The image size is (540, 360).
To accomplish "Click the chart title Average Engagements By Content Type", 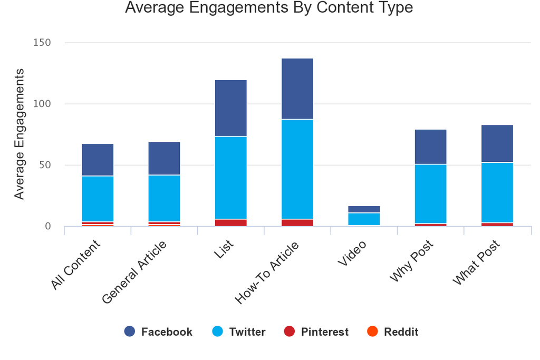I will tap(269, 8).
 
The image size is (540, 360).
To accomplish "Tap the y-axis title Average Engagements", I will tap(20, 134).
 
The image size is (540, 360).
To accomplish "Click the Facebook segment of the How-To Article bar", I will tap(297, 89).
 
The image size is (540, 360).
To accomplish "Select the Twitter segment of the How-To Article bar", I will tap(297, 169).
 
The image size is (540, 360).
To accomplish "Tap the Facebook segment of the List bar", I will tap(230, 108).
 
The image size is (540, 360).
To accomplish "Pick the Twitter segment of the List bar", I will tap(230, 178).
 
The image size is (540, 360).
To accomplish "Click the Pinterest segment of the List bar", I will tap(230, 222).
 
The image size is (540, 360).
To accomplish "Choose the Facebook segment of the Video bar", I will tap(364, 209).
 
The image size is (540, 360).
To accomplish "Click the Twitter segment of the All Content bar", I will tap(98, 199).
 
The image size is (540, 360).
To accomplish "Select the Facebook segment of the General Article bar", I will tap(164, 158).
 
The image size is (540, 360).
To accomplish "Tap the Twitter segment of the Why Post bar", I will tap(430, 194).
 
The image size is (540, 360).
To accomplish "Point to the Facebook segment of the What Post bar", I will tap(497, 143).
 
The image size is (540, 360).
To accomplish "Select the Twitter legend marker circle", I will tap(217, 332).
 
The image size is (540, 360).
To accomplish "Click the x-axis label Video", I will tap(351, 253).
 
